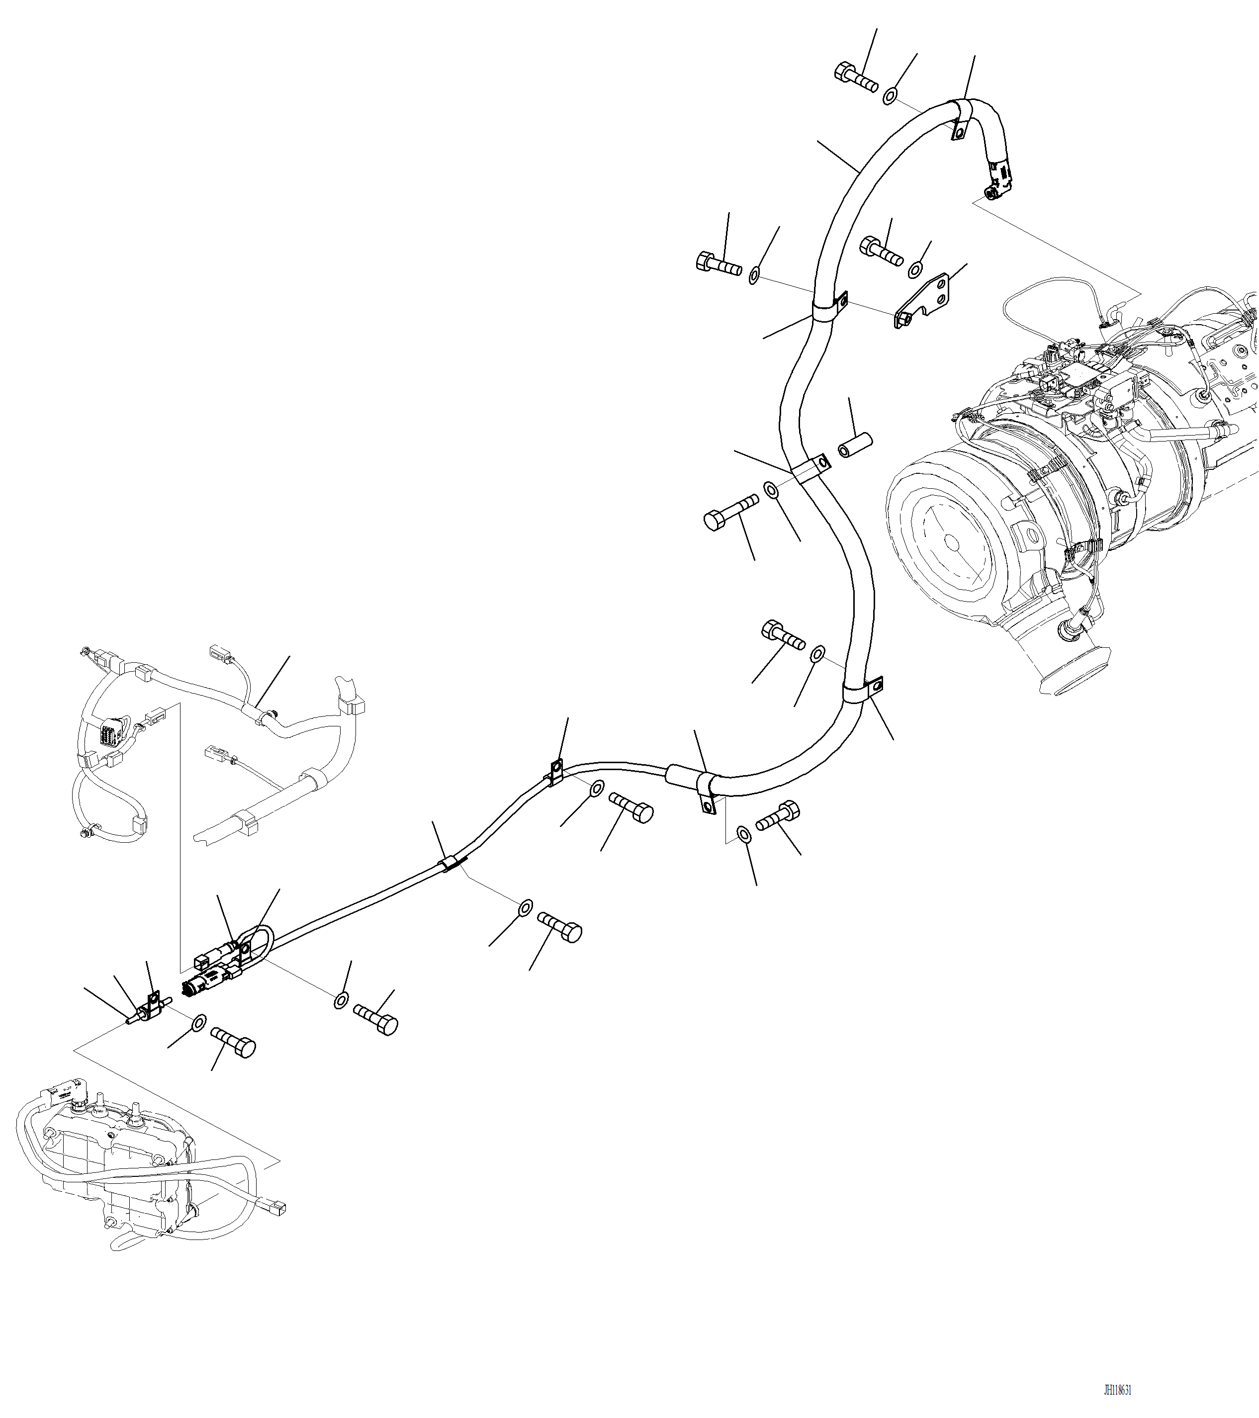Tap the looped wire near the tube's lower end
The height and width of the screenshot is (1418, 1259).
coord(260,940)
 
